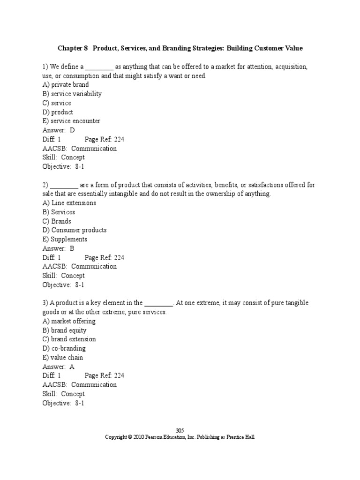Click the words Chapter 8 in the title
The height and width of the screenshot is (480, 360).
click(x=73, y=48)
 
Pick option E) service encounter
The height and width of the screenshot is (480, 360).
click(x=71, y=121)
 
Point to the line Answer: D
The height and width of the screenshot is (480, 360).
click(x=59, y=130)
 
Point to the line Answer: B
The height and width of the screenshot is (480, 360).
click(x=59, y=248)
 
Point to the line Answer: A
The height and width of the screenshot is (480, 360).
click(x=59, y=367)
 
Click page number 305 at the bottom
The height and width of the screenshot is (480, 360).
click(x=180, y=431)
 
